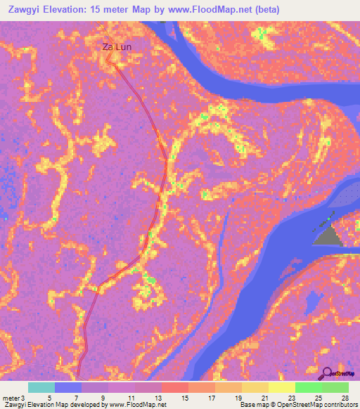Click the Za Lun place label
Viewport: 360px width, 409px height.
point(117,47)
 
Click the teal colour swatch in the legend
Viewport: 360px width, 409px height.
point(41,387)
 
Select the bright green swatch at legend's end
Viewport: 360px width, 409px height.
point(335,387)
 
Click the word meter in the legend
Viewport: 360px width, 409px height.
point(11,398)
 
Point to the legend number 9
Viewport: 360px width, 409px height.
point(103,398)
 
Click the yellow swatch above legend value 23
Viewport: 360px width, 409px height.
point(282,387)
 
